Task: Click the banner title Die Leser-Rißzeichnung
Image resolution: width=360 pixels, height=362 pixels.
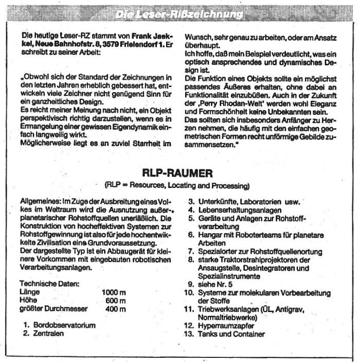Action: [x=179, y=14]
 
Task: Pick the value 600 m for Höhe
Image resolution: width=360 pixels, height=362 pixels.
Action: [x=116, y=300]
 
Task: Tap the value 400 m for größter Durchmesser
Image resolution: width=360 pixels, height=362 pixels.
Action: [x=116, y=309]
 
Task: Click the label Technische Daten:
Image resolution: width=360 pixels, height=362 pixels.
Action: [x=49, y=283]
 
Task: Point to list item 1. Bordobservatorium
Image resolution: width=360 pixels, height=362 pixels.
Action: [x=59, y=325]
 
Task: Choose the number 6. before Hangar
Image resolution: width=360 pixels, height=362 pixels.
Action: [x=190, y=235]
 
